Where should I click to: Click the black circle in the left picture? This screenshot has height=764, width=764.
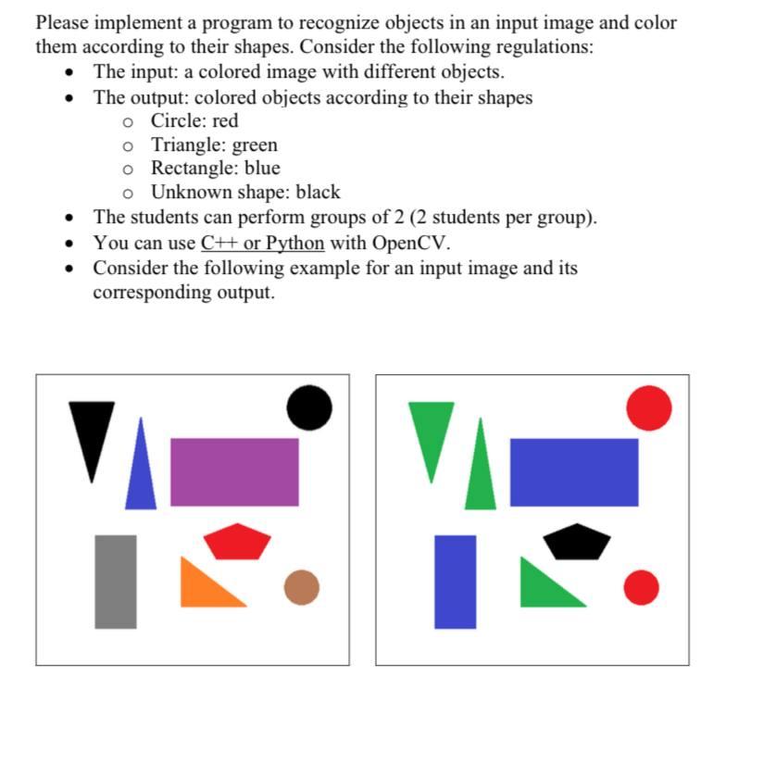tap(308, 407)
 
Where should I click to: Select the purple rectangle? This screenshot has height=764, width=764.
tap(234, 472)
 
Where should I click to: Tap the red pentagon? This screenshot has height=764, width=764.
tap(237, 541)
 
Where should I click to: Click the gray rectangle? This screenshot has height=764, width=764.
tap(116, 582)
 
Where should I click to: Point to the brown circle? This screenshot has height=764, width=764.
tap(301, 587)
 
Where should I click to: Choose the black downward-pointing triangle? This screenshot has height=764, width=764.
tap(92, 431)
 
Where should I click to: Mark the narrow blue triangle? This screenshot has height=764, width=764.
tap(141, 472)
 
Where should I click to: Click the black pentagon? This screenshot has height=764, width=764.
tap(577, 541)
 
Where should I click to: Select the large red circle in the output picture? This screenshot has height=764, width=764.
tap(648, 407)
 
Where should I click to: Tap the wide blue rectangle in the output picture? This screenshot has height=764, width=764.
tap(574, 472)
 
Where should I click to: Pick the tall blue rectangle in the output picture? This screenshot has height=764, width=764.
tap(456, 582)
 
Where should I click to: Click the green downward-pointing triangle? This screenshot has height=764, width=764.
tap(432, 431)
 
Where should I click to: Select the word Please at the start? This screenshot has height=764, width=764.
tap(66, 22)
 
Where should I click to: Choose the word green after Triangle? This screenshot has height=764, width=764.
tap(255, 145)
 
